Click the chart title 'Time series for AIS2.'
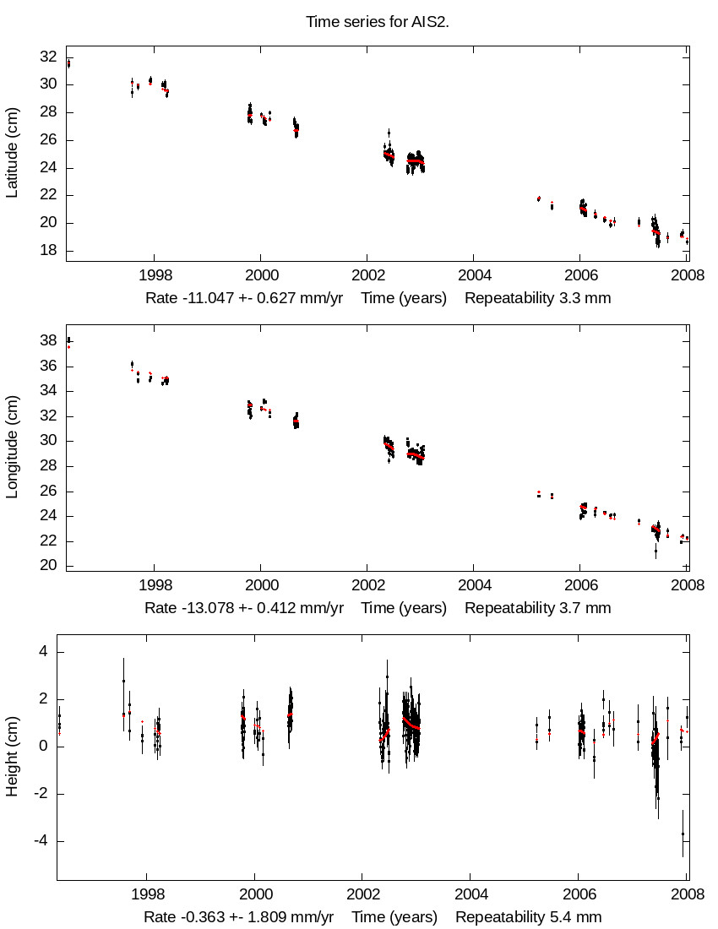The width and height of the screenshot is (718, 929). click(x=377, y=21)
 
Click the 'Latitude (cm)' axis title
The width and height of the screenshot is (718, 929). click(x=12, y=153)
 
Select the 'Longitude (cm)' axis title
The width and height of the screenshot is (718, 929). click(x=12, y=448)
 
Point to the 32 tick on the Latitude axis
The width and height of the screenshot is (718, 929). click(x=48, y=57)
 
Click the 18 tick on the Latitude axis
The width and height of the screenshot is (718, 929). click(x=48, y=251)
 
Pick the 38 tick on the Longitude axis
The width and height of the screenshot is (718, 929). click(x=48, y=341)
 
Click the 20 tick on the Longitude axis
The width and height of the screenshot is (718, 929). click(x=48, y=566)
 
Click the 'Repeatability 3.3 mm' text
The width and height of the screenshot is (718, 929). click(x=537, y=298)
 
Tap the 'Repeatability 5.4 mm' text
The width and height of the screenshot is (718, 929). click(x=529, y=917)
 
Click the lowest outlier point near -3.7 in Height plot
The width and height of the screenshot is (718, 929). click(x=683, y=834)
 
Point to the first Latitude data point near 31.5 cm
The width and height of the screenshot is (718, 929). click(x=68, y=63)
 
